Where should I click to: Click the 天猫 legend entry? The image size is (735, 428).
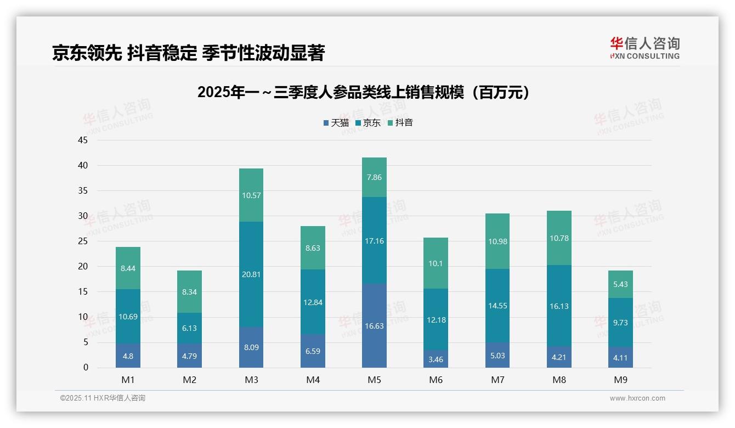[336, 123]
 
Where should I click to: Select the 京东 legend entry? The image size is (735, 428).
[368, 123]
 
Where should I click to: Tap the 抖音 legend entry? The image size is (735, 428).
[400, 123]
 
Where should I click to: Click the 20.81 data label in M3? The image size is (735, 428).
[251, 274]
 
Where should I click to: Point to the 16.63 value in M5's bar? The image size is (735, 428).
[374, 326]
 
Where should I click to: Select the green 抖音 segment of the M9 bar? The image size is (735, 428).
[620, 284]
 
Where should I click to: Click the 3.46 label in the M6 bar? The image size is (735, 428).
[436, 360]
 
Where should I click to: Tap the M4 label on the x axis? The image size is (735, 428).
[313, 380]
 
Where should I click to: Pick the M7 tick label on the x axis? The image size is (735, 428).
[497, 380]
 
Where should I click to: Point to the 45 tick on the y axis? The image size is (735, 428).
[83, 140]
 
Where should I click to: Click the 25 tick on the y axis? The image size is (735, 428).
[83, 241]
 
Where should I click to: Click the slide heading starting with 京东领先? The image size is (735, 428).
[188, 53]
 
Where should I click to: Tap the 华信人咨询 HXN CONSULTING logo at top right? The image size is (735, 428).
[644, 48]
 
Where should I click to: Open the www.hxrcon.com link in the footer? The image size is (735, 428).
[637, 398]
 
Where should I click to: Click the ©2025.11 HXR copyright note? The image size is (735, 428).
[103, 398]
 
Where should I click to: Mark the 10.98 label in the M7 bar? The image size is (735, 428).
[497, 241]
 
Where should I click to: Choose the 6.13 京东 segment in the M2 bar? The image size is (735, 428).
[189, 328]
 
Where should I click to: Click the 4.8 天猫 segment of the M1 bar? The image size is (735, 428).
[128, 356]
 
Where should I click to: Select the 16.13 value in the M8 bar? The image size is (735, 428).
[559, 306]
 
